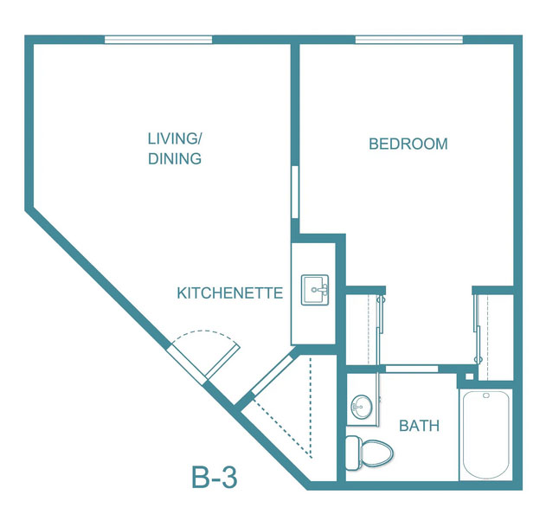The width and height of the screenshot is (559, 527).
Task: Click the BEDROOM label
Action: [x=408, y=144]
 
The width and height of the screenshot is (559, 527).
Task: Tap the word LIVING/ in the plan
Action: [x=175, y=138]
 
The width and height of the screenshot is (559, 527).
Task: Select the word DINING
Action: [x=175, y=158]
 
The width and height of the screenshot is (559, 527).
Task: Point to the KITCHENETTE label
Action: [x=230, y=293]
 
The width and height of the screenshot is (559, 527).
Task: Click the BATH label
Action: [x=419, y=426]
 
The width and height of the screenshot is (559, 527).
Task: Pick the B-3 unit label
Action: [x=215, y=477]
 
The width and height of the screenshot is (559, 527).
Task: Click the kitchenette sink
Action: [x=315, y=290]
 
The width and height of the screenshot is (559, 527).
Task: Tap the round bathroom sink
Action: [x=362, y=407]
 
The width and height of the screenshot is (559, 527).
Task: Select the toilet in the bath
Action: [x=369, y=453]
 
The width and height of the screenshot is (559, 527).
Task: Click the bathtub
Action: [x=485, y=435]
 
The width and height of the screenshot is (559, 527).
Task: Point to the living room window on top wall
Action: [x=158, y=40]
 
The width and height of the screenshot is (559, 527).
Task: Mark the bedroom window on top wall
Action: [x=409, y=40]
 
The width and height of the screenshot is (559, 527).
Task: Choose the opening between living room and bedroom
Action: [x=295, y=192]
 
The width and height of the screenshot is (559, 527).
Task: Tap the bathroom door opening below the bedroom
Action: [x=412, y=369]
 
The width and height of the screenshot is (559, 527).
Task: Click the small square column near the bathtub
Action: [x=470, y=376]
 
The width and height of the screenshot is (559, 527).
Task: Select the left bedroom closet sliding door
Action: [x=381, y=330]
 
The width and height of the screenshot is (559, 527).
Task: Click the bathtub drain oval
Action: [x=485, y=395]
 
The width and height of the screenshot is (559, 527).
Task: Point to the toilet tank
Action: [x=352, y=453]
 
